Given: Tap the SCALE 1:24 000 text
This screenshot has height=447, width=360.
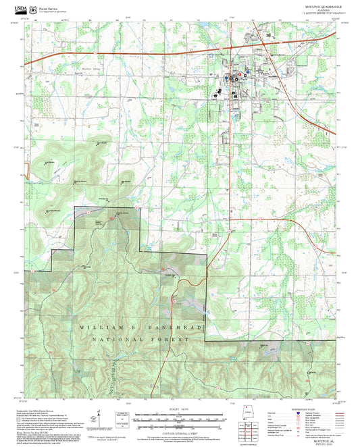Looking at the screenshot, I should (x=180, y=409).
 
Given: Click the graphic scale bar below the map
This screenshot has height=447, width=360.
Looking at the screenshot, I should (x=180, y=419).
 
